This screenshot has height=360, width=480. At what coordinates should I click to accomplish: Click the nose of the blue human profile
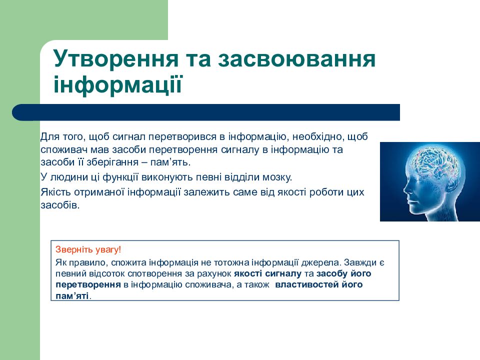[x=404, y=189]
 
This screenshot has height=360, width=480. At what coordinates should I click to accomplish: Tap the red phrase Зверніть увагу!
[x=88, y=249]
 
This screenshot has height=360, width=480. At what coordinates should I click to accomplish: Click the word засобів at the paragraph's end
[x=59, y=205]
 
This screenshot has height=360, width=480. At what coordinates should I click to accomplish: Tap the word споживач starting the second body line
[x=61, y=149]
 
